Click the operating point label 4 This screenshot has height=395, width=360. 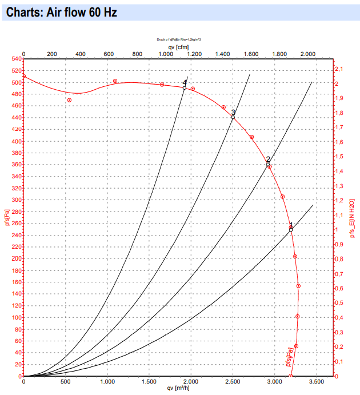click(185, 83)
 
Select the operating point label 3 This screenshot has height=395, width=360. click(233, 112)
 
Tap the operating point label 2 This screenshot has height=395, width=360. click(268, 159)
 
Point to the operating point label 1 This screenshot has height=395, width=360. click(291, 225)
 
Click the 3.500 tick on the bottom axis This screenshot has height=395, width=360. click(316, 381)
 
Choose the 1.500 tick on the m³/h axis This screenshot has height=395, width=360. click(149, 381)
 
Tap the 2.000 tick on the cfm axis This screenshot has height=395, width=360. click(307, 54)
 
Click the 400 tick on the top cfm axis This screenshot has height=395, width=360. click(80, 54)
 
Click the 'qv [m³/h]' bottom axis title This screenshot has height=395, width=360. click(178, 388)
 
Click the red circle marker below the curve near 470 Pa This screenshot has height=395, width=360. click(69, 100)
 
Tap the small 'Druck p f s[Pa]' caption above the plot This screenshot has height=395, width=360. click(178, 39)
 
